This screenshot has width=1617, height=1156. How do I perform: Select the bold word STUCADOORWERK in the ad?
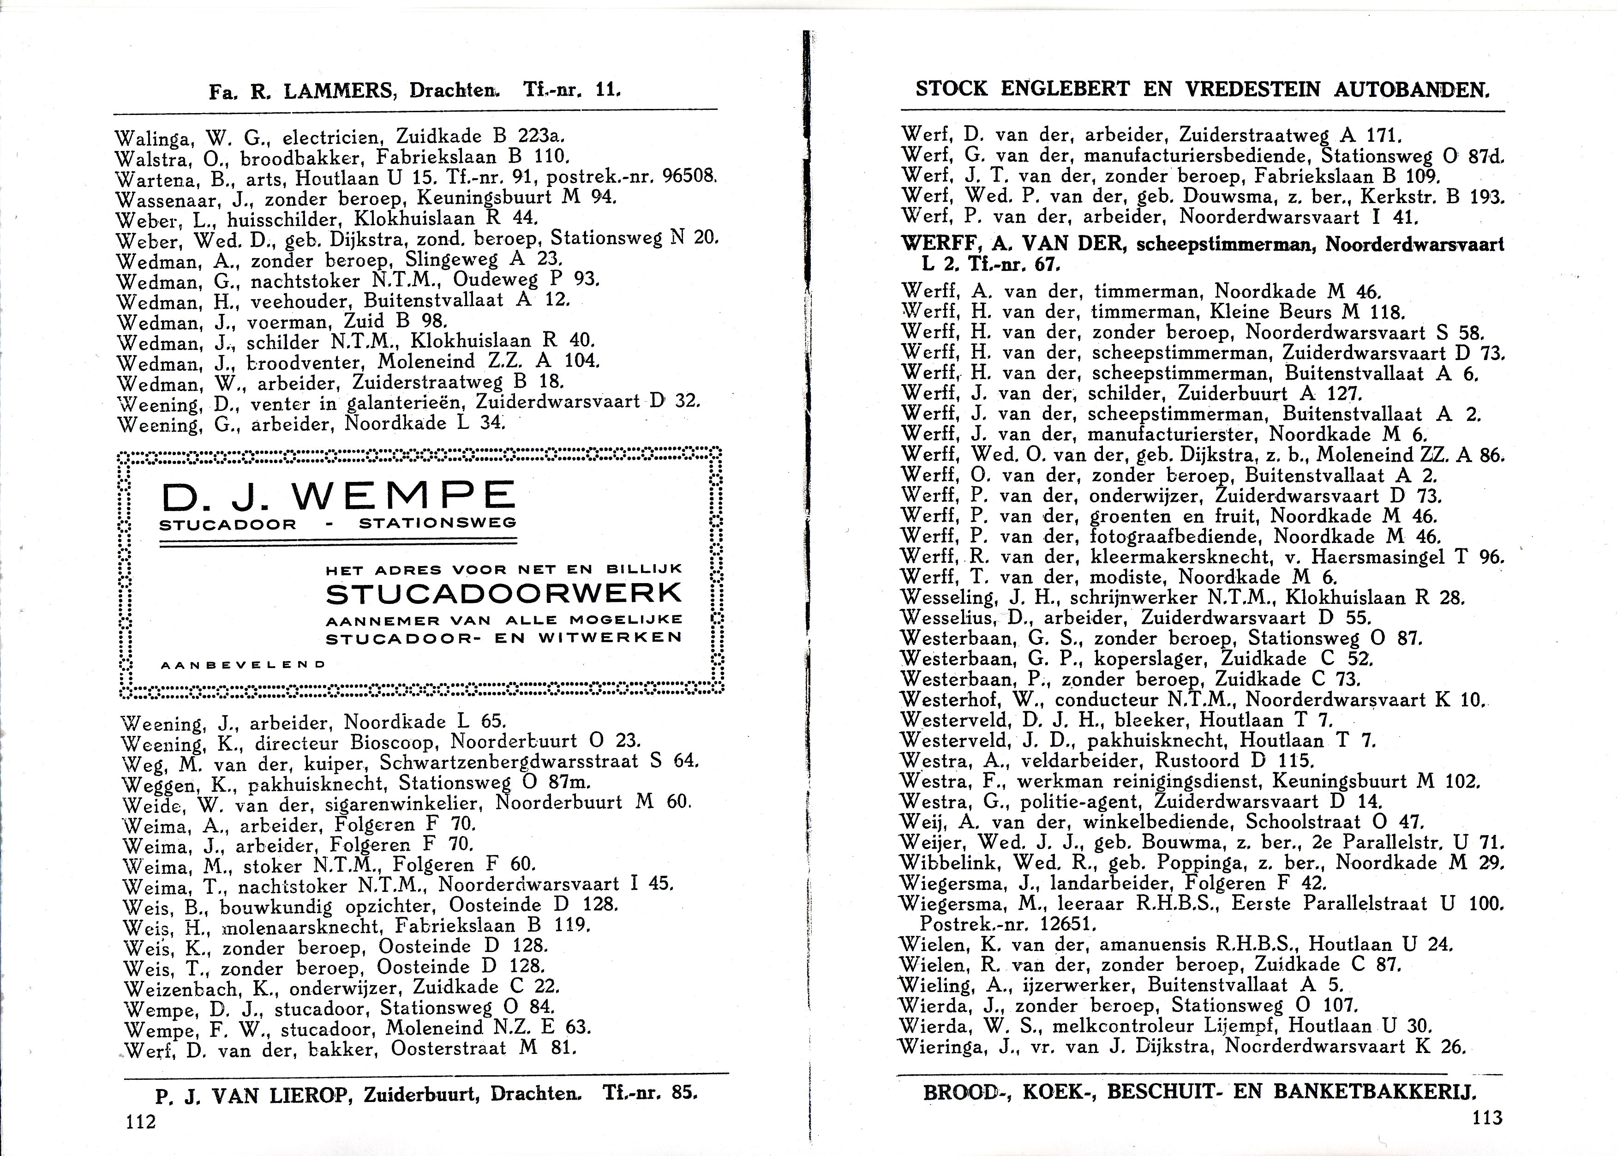[503, 593]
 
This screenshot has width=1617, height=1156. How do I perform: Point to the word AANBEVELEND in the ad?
[243, 665]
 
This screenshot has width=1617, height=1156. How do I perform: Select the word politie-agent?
[1081, 801]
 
